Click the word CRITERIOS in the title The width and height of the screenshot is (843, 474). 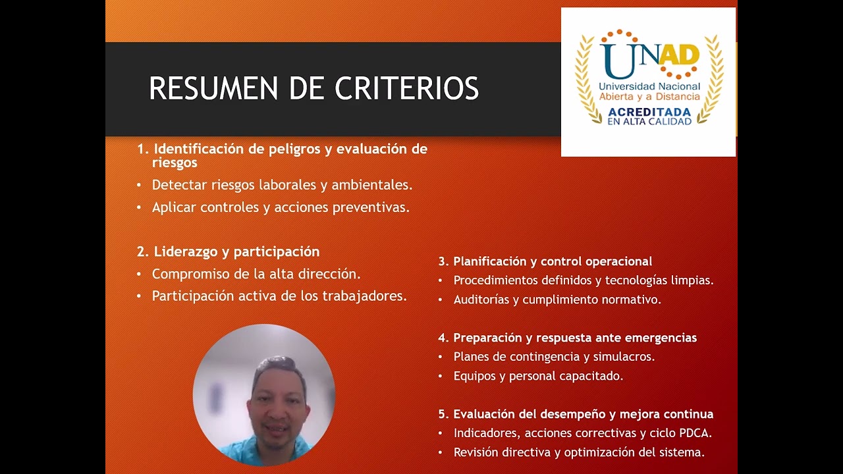pyautogui.click(x=406, y=89)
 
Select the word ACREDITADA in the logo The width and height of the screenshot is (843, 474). pyautogui.click(x=649, y=112)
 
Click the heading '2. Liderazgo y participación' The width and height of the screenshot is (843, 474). pyautogui.click(x=229, y=251)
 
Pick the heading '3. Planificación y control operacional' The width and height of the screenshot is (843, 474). pyautogui.click(x=545, y=261)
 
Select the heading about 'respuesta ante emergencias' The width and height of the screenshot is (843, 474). pyautogui.click(x=568, y=338)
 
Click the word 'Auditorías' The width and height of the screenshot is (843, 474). pyautogui.click(x=481, y=300)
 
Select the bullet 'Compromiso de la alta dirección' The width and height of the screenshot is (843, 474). pyautogui.click(x=256, y=274)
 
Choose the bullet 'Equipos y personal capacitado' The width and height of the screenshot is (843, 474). pyautogui.click(x=538, y=376)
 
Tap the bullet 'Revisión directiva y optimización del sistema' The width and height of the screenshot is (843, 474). pyautogui.click(x=579, y=452)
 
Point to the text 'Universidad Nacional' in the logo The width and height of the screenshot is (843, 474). pyautogui.click(x=649, y=87)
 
